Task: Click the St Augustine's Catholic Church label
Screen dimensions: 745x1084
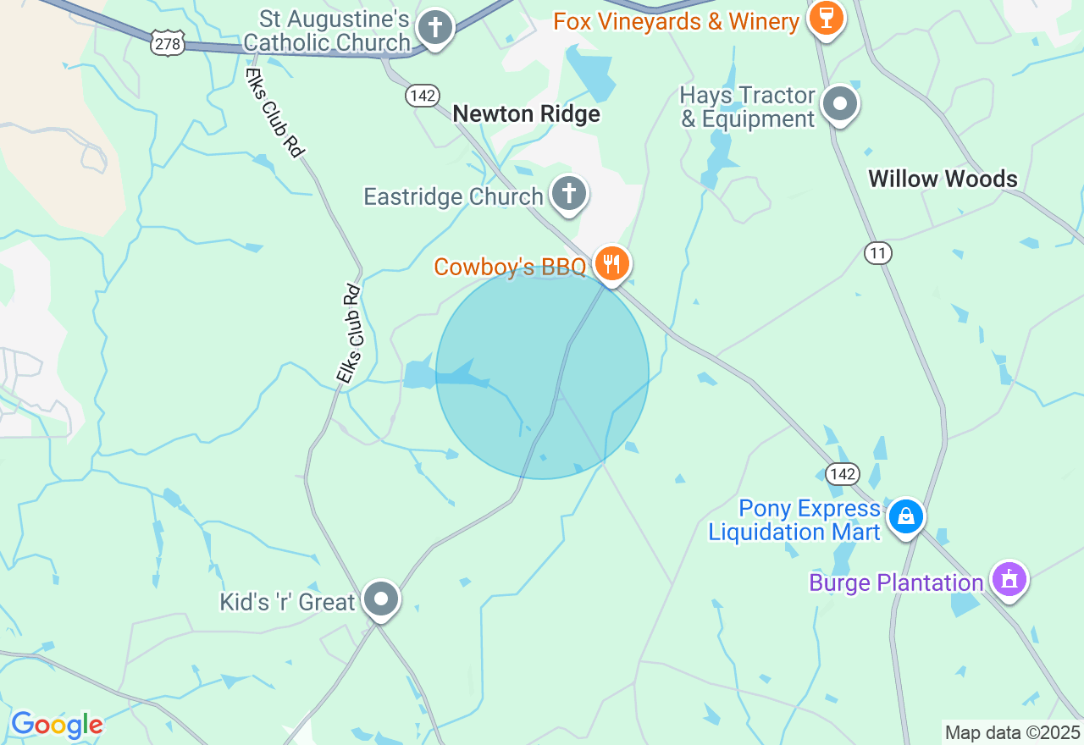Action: pyautogui.click(x=326, y=30)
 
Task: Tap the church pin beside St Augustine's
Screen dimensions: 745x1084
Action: pyautogui.click(x=435, y=27)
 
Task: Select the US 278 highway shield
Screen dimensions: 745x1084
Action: pyautogui.click(x=168, y=43)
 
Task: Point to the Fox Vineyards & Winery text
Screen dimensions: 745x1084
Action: pyautogui.click(x=676, y=21)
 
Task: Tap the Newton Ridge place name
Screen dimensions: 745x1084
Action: pyautogui.click(x=526, y=114)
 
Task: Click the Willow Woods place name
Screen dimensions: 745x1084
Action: pyautogui.click(x=943, y=179)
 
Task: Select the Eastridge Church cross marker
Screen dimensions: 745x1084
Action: pyautogui.click(x=569, y=194)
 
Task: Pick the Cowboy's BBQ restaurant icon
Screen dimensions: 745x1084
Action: pyautogui.click(x=611, y=264)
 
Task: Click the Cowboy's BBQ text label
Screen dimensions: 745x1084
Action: pyautogui.click(x=510, y=267)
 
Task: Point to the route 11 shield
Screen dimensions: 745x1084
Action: pyautogui.click(x=878, y=252)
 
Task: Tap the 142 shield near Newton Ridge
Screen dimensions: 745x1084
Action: pyautogui.click(x=421, y=96)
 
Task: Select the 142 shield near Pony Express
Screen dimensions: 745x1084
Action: pyautogui.click(x=843, y=474)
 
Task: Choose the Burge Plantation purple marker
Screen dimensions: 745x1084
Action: pyautogui.click(x=1009, y=580)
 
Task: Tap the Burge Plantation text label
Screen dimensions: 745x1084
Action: pyautogui.click(x=896, y=582)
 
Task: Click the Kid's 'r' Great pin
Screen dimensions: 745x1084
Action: pyautogui.click(x=381, y=599)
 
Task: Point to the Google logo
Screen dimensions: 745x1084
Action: pyautogui.click(x=57, y=725)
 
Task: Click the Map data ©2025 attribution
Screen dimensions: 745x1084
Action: pyautogui.click(x=1012, y=732)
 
